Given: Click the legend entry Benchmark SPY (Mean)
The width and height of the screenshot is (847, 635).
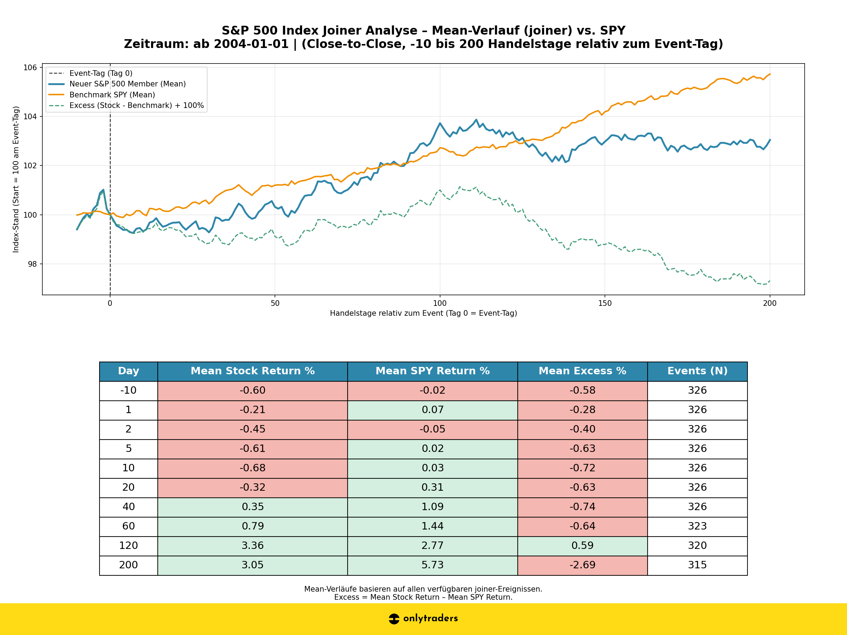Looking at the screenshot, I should click(112, 95).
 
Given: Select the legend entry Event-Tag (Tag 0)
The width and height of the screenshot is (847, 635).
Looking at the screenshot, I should click(101, 73).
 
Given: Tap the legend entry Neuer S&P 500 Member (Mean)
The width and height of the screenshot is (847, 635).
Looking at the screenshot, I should click(127, 84).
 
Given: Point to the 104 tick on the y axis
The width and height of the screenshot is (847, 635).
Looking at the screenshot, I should click(31, 116).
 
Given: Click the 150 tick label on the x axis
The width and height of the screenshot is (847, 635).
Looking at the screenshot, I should click(605, 303).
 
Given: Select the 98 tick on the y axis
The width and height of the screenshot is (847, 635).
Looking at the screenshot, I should click(32, 264).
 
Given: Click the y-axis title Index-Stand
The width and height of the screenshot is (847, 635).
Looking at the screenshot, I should click(16, 179).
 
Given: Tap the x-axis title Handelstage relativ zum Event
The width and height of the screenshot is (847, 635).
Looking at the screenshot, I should click(423, 314).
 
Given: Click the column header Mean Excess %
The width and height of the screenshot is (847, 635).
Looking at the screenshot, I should click(582, 371).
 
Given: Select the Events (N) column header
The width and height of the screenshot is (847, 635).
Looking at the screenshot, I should click(697, 371).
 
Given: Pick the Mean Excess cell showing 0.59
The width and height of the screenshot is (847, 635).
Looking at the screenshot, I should click(582, 545).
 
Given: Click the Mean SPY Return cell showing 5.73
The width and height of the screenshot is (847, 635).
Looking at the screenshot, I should click(432, 565).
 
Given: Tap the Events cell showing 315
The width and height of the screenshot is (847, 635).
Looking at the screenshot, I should click(697, 565).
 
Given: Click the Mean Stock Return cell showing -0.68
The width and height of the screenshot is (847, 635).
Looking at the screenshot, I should click(252, 468).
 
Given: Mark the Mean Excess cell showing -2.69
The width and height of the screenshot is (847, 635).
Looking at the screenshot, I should click(582, 565).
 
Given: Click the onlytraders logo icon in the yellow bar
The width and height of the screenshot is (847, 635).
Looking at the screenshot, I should click(394, 618).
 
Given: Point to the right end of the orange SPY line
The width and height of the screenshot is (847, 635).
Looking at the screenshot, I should click(770, 74).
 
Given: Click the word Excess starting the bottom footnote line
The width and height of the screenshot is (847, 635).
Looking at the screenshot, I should click(346, 598).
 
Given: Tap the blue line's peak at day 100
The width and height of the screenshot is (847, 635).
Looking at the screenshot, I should click(440, 123).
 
